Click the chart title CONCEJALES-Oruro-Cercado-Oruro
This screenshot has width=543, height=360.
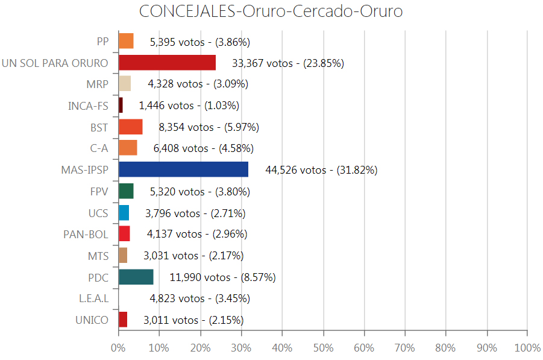271,11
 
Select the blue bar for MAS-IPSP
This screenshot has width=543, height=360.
183,169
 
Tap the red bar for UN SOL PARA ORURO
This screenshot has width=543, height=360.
167,63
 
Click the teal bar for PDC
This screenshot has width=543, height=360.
136,277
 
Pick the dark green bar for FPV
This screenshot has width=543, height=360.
126,191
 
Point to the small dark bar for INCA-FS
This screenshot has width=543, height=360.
121,106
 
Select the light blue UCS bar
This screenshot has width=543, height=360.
124,213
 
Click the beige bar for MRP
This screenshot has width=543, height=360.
125,84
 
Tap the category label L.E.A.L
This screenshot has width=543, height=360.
93,298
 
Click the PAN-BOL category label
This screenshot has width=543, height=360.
86,235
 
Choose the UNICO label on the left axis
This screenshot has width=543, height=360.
92,320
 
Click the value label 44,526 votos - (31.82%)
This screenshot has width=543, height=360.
321,170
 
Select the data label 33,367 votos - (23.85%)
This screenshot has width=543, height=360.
287,63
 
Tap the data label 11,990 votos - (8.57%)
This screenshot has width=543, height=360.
222,277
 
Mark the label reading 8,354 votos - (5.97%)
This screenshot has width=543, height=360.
209,127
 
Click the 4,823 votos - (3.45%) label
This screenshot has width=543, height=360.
199,298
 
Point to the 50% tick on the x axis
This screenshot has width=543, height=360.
323,348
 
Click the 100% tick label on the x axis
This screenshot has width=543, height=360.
528,348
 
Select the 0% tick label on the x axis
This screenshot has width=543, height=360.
118,348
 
